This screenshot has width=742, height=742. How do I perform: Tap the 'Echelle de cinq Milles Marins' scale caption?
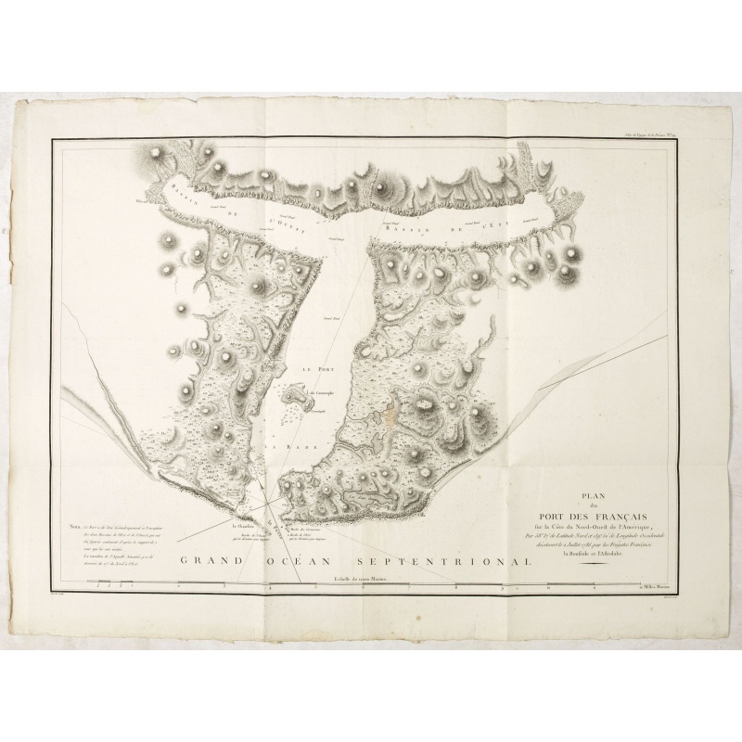click(361, 580)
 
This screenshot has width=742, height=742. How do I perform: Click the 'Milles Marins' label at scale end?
click(655, 587)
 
